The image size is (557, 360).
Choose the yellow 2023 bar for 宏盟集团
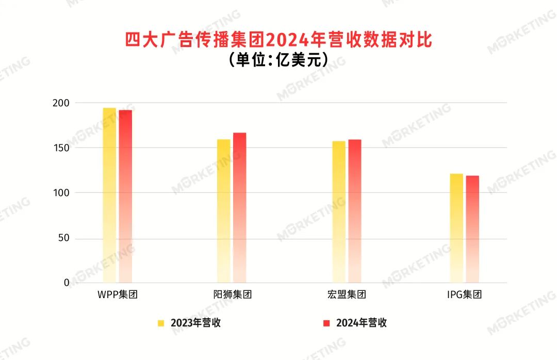[x=339, y=211]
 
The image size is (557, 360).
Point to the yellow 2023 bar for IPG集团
[x=456, y=228]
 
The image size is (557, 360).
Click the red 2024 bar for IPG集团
[x=472, y=229]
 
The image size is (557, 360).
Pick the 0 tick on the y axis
[x=67, y=283]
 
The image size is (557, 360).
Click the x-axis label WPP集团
[x=117, y=296]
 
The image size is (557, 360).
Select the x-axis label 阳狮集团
[x=232, y=296]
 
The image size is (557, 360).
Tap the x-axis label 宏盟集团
[x=347, y=296]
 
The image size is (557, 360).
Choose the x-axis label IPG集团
[x=464, y=296]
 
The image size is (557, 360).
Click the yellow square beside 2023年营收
[x=161, y=323]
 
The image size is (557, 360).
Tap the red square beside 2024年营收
[x=326, y=323]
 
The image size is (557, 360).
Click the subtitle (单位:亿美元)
[x=278, y=60]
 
